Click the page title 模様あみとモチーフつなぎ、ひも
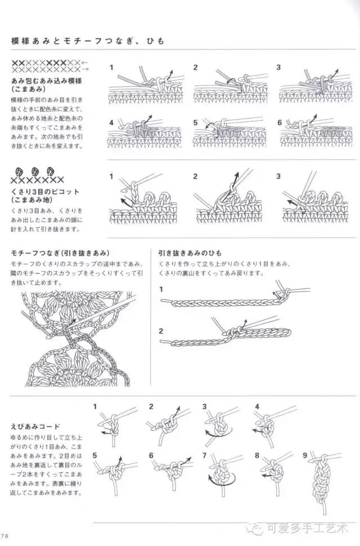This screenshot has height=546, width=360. [x=87, y=41]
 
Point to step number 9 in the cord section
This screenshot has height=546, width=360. [x=305, y=455]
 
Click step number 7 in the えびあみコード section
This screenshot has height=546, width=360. [x=205, y=455]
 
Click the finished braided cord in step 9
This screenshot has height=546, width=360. [x=318, y=478]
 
